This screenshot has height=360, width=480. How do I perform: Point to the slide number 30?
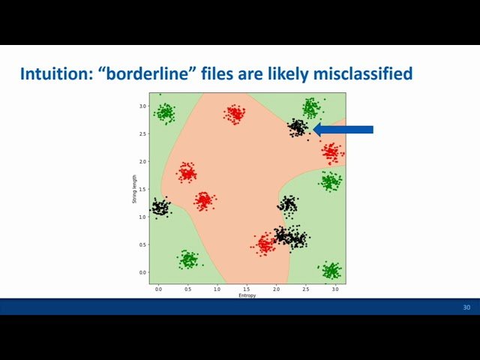(466, 307)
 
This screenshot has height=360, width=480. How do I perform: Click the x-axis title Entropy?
(247, 295)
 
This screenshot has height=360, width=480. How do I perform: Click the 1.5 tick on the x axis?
(247, 289)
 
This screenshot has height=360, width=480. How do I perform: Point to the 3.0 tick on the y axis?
(142, 106)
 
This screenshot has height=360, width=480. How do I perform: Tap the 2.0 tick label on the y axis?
(142, 162)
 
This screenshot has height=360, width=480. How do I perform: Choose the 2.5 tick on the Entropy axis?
(305, 289)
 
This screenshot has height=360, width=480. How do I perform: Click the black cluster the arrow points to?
(298, 127)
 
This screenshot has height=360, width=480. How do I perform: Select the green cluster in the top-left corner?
(164, 113)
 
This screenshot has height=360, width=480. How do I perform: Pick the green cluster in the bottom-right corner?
(331, 270)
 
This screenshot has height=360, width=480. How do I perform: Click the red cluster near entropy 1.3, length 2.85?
(235, 114)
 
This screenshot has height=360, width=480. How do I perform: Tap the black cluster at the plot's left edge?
(160, 207)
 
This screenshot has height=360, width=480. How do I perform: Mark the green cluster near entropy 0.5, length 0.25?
(187, 259)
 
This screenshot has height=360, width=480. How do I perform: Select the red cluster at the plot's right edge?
(332, 152)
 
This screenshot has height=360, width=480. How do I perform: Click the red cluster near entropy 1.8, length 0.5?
(264, 244)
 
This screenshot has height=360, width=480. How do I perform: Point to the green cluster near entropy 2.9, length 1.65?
(330, 181)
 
